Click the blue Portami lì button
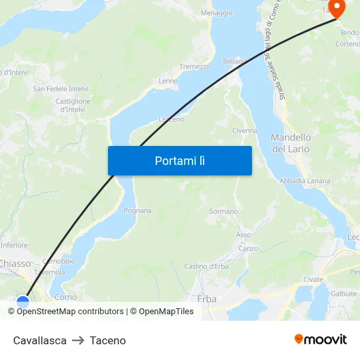(179, 160)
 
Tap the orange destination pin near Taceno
(336, 9)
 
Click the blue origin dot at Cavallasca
(23, 302)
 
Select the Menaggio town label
(216, 13)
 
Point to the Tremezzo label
(195, 67)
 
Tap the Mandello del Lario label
(291, 143)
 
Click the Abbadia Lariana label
(304, 181)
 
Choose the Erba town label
(206, 298)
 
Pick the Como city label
(65, 297)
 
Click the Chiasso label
(14, 263)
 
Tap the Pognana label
(137, 211)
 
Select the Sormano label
(223, 211)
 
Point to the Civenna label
(245, 130)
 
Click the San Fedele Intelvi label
(61, 88)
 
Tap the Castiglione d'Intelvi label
(73, 105)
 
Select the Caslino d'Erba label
(206, 266)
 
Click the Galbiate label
(344, 294)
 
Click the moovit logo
(321, 339)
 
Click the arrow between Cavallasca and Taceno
(79, 340)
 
